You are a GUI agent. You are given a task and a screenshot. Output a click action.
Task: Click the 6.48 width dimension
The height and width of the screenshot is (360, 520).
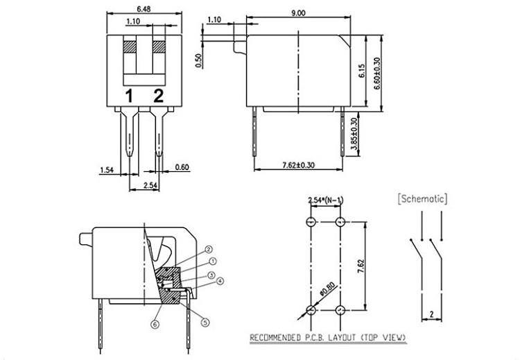click(x=144, y=10)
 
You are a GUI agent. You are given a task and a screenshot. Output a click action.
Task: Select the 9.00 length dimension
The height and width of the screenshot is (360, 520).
click(x=299, y=12)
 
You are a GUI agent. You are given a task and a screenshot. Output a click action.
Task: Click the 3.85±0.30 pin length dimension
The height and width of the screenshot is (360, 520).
click(x=354, y=135)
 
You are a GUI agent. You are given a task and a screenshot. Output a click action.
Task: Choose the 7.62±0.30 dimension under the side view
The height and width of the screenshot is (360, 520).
click(x=298, y=164)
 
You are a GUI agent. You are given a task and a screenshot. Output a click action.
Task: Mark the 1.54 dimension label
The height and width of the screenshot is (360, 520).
click(x=107, y=169)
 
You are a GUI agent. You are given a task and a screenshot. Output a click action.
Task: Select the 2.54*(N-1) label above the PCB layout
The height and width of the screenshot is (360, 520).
click(x=325, y=200)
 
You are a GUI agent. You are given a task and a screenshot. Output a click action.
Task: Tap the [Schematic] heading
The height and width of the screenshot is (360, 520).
click(x=422, y=199)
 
